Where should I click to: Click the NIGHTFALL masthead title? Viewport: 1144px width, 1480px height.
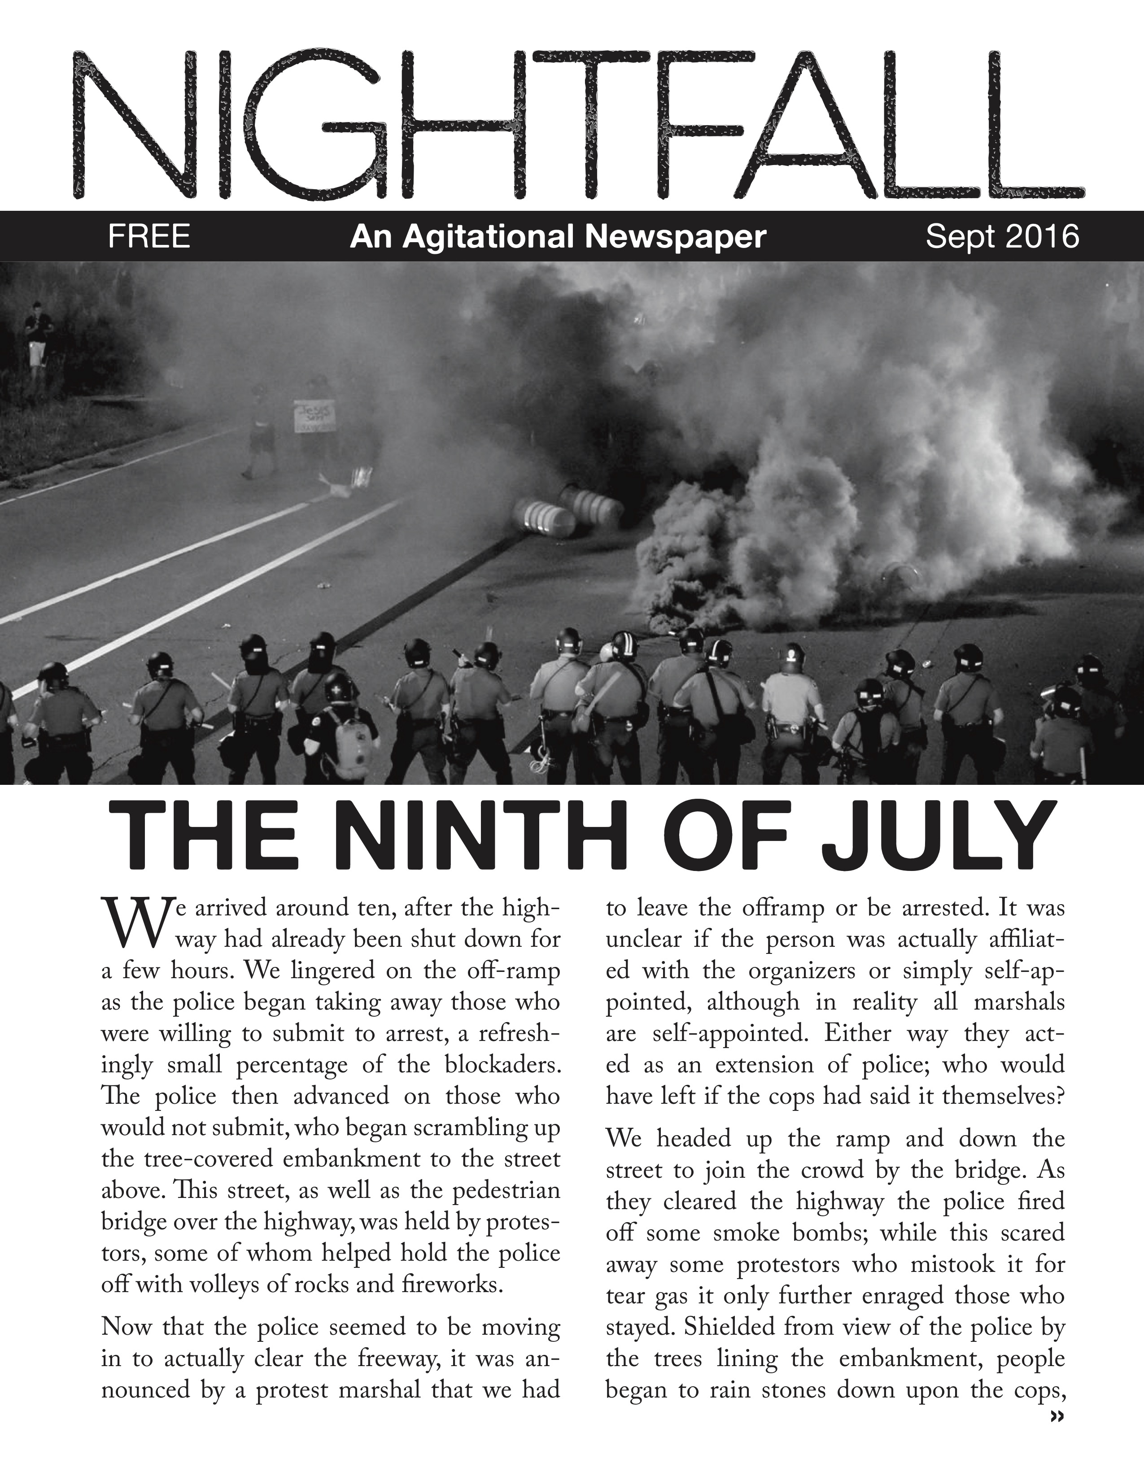coord(576,126)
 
